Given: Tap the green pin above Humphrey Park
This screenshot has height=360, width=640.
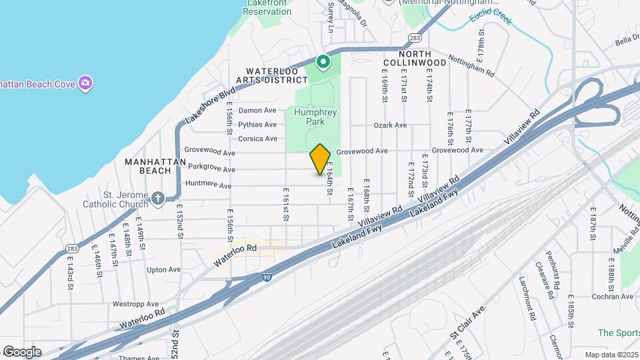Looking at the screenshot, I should [x=323, y=63].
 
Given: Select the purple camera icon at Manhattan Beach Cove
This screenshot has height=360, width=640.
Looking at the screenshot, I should [x=85, y=83].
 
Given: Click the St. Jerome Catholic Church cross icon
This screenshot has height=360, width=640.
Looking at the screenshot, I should [x=157, y=198].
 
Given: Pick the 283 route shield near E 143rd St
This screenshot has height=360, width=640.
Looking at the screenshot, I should [x=72, y=249].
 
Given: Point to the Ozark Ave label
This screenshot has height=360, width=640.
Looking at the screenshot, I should [x=390, y=125].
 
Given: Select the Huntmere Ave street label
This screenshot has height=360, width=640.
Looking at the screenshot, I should [x=209, y=185].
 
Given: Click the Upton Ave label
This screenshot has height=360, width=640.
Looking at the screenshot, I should [x=163, y=270].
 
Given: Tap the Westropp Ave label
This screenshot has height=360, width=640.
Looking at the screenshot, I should [x=135, y=303].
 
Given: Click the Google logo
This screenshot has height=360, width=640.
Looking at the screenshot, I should [x=22, y=352].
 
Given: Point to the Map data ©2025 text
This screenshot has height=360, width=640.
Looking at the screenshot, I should [x=611, y=355].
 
